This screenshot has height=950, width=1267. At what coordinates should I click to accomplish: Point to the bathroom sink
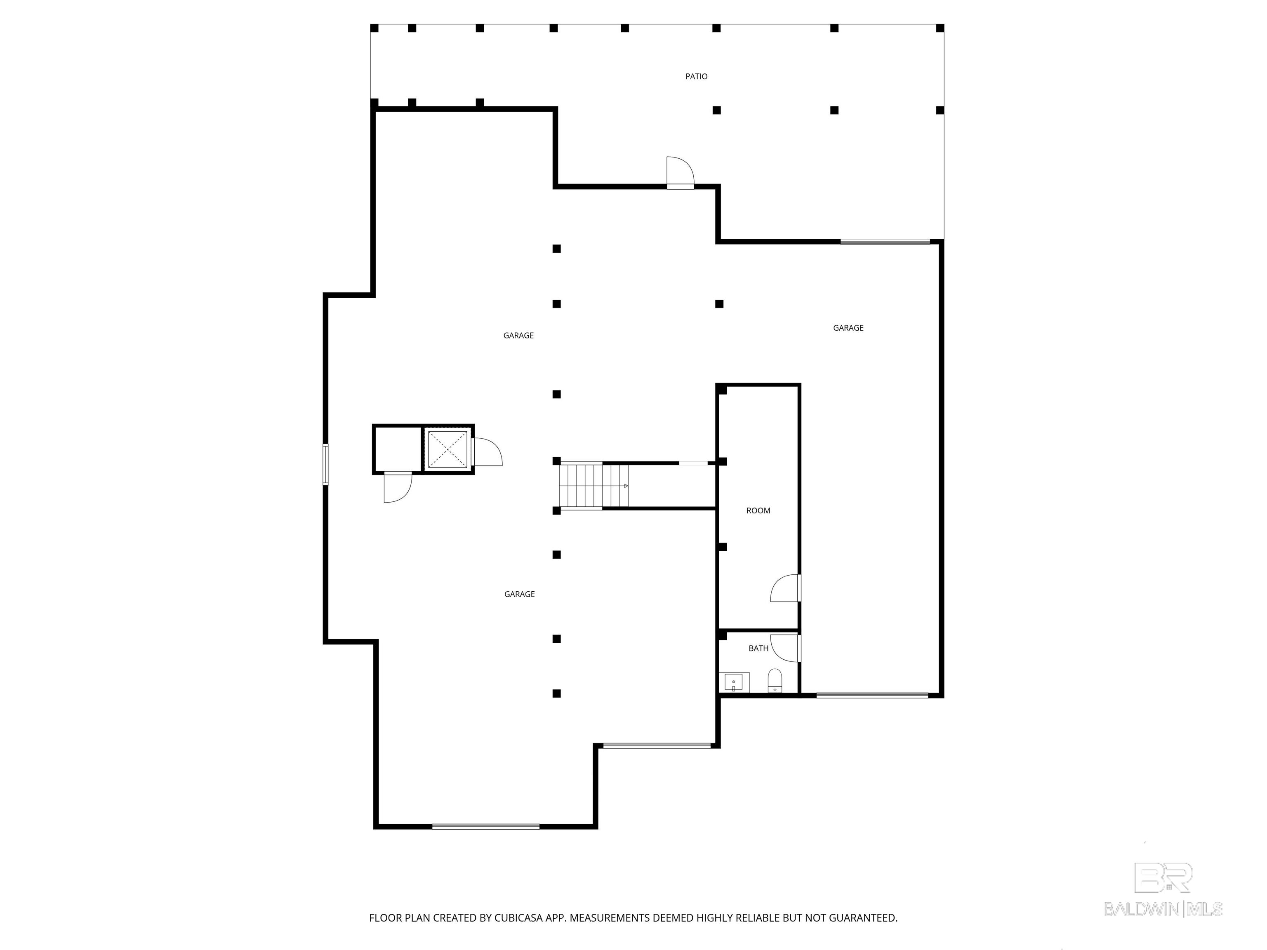(x=734, y=682)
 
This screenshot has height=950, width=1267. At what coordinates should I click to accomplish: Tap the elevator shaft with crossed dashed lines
(x=447, y=449)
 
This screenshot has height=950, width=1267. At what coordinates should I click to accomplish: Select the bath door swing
(x=785, y=648)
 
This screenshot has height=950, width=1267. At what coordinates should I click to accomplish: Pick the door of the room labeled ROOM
(x=785, y=588)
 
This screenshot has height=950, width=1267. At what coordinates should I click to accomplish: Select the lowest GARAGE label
(x=520, y=594)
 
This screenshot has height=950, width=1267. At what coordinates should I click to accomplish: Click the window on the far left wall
(x=325, y=464)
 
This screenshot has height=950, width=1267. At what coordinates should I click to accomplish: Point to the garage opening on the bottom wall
(x=486, y=826)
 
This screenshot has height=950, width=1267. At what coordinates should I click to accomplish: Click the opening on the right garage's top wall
(x=885, y=242)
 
